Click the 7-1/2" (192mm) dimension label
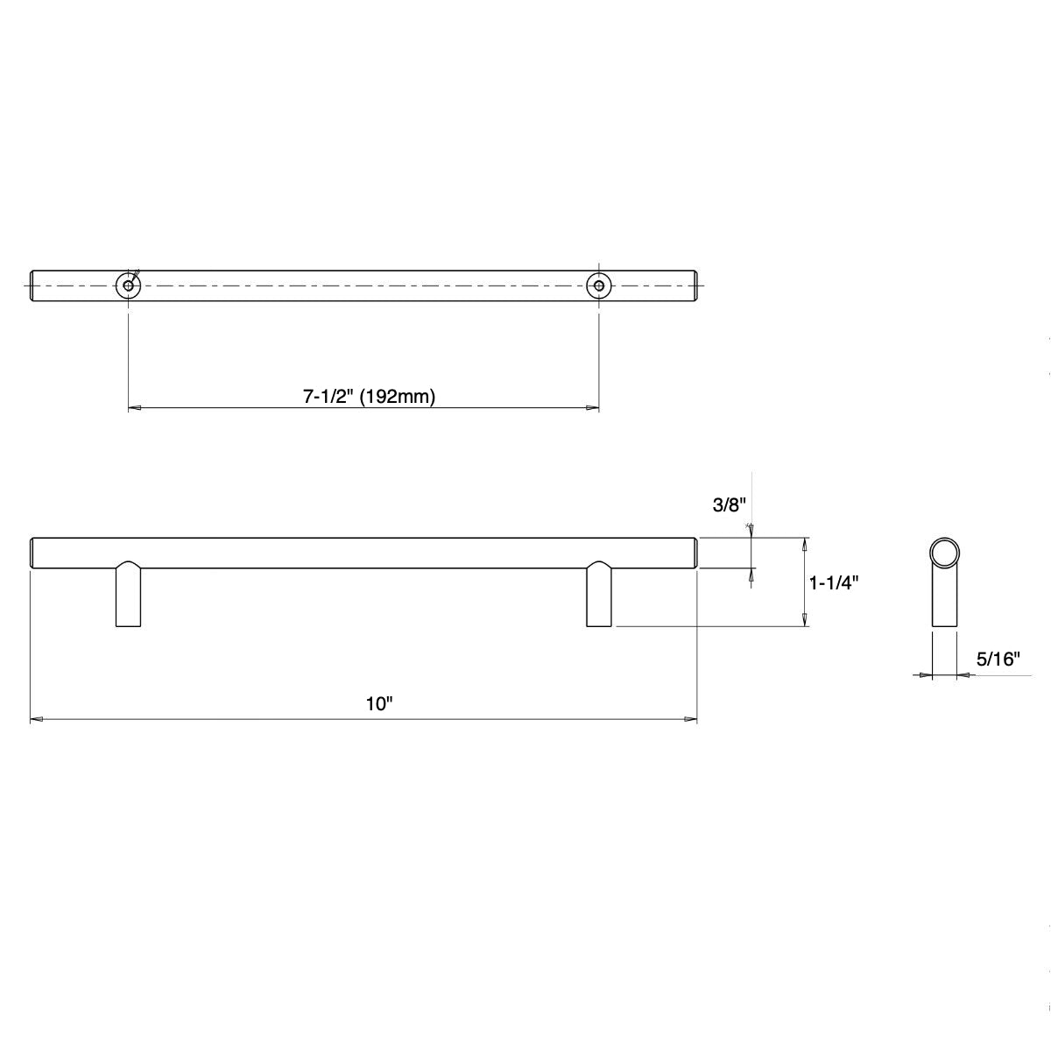pyautogui.click(x=370, y=397)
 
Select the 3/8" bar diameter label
pyautogui.click(x=728, y=505)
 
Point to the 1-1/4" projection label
pyautogui.click(x=832, y=582)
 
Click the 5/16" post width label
pyautogui.click(x=999, y=660)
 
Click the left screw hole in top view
pyautogui.click(x=129, y=286)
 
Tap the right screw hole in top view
pyautogui.click(x=598, y=286)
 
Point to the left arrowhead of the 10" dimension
pyautogui.click(x=37, y=720)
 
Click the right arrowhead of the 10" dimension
pyautogui.click(x=690, y=720)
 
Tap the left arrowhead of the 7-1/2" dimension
pyautogui.click(x=135, y=408)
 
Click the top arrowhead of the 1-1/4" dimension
pyautogui.click(x=805, y=544)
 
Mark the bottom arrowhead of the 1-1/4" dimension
pyautogui.click(x=805, y=620)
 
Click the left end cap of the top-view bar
pyautogui.click(x=33, y=286)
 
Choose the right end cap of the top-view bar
pyautogui.click(x=697, y=286)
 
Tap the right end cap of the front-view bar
pyautogui.click(x=695, y=553)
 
